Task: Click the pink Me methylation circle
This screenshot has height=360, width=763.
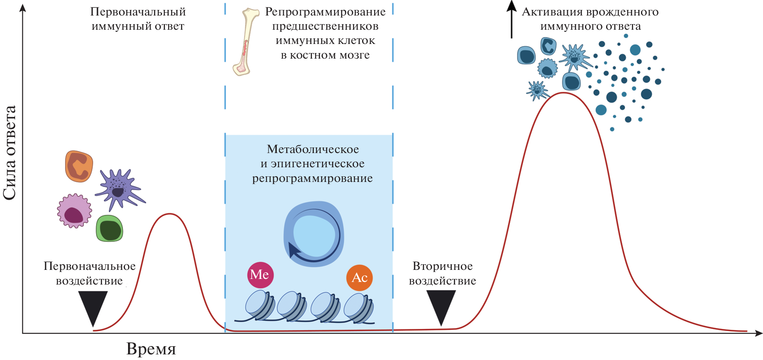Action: tap(260, 275)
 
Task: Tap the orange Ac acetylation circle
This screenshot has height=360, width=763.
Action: tap(360, 278)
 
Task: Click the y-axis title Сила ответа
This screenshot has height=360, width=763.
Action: tap(9, 153)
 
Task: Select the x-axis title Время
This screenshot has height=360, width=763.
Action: tap(151, 349)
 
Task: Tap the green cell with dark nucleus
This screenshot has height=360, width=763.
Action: tap(109, 229)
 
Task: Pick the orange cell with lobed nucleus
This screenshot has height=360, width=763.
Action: tap(79, 166)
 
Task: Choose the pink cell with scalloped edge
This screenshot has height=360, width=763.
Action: tap(75, 211)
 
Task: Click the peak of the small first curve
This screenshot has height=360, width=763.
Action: tap(170, 214)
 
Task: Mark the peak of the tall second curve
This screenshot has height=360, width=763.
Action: tap(563, 93)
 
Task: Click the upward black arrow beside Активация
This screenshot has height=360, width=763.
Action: tap(512, 19)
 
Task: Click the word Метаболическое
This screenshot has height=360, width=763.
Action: tap(313, 149)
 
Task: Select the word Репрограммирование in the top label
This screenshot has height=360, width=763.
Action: tap(325, 12)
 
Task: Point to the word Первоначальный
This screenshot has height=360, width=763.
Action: tap(138, 12)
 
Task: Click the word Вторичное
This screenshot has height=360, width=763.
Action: tap(442, 266)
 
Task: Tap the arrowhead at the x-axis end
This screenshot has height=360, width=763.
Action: tap(759, 333)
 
